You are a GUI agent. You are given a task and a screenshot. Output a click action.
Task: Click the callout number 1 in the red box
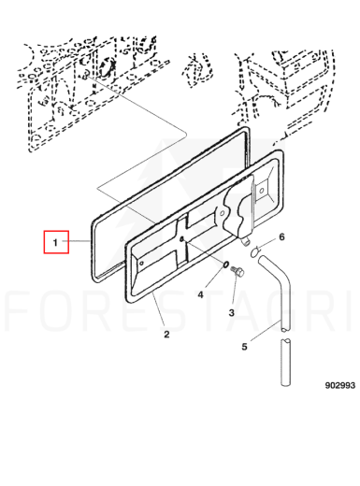pyautogui.click(x=55, y=242)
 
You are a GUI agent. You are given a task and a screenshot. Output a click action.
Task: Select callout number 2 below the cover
pyautogui.click(x=166, y=335)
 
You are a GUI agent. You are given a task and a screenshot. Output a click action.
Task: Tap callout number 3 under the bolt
pyautogui.click(x=231, y=312)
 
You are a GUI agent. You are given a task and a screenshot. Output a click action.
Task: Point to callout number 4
pyautogui.click(x=200, y=294)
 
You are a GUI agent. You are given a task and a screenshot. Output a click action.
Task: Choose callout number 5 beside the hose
pyautogui.click(x=244, y=347)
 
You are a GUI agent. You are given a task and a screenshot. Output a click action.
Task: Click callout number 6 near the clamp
pyautogui.click(x=281, y=237)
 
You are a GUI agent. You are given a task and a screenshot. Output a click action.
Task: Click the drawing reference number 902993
pyautogui.click(x=340, y=385)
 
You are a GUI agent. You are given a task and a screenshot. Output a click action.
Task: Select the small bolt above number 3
pyautogui.click(x=238, y=271)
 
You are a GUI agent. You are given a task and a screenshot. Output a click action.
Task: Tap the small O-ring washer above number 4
pyautogui.click(x=225, y=264)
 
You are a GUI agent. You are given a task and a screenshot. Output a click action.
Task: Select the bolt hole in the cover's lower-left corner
pyautogui.click(x=141, y=264)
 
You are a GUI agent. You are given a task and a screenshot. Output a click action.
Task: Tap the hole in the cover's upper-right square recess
pyautogui.click(x=261, y=190)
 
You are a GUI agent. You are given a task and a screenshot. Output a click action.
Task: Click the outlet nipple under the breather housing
pyautogui.click(x=246, y=241)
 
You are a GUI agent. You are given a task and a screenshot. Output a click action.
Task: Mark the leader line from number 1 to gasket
pyautogui.click(x=76, y=241)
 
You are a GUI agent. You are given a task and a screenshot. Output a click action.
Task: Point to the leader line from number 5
pyautogui.click(x=265, y=331)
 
